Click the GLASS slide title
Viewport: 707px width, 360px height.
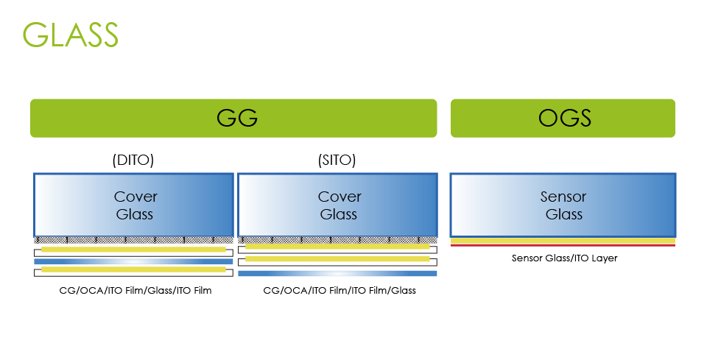click(x=71, y=34)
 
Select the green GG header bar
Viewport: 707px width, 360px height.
click(x=233, y=119)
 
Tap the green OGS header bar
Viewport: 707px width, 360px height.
click(x=563, y=119)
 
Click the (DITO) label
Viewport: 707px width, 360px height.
click(x=133, y=160)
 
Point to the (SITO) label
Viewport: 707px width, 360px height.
click(x=338, y=160)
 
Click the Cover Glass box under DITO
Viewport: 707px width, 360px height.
click(x=133, y=205)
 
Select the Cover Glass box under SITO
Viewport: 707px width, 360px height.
click(x=338, y=205)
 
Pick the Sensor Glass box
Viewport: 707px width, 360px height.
click(x=563, y=205)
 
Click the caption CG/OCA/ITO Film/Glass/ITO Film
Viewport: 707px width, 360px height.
click(x=136, y=291)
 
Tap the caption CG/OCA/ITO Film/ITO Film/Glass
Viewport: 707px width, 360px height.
click(x=340, y=291)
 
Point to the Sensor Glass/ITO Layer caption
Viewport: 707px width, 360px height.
click(x=565, y=258)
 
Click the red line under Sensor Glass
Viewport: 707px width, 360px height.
click(x=563, y=245)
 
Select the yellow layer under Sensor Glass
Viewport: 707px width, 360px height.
click(x=563, y=241)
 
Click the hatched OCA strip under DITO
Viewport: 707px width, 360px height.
click(x=133, y=240)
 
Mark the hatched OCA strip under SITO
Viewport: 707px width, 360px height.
click(x=338, y=240)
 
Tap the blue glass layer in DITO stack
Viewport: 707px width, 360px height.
click(x=133, y=261)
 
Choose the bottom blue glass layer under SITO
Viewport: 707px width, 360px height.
click(x=338, y=273)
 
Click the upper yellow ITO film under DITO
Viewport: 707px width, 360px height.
click(x=133, y=250)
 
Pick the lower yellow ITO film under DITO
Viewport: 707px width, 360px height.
click(x=133, y=270)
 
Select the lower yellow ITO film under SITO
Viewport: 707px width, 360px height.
click(x=338, y=259)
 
